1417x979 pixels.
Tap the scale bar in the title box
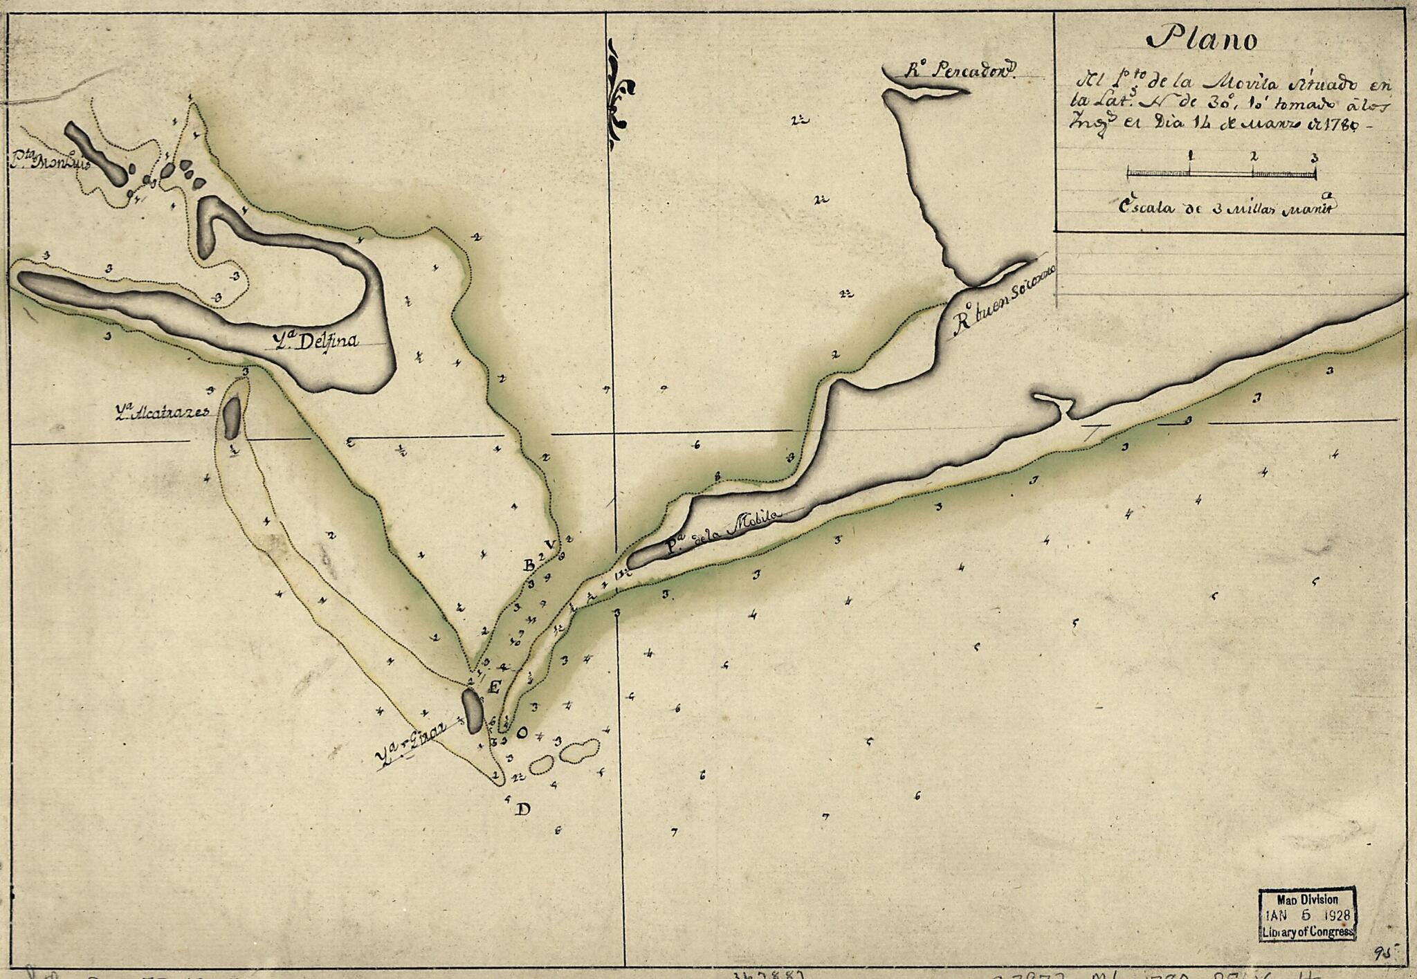(x=1221, y=173)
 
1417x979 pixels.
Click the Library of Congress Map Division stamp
(x=1306, y=915)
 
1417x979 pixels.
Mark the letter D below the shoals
(x=523, y=809)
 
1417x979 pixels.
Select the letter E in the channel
(x=495, y=686)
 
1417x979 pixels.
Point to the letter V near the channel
(x=550, y=545)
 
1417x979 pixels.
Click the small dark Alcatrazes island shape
(x=232, y=417)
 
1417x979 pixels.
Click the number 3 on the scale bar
(x=1314, y=158)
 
